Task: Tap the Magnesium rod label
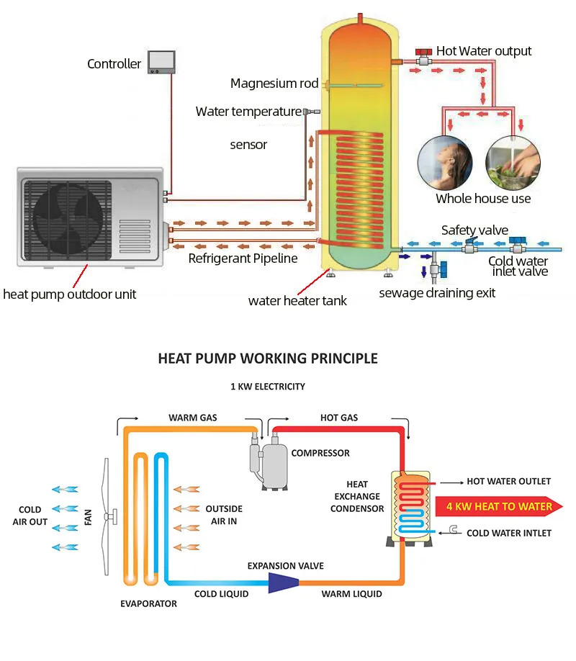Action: (x=274, y=84)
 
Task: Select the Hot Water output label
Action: (x=484, y=51)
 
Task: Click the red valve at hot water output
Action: (x=422, y=55)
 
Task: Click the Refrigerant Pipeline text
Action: (x=243, y=258)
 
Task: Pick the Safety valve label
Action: (x=474, y=230)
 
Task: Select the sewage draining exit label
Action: (x=437, y=293)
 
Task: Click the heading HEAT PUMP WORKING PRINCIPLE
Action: (x=268, y=359)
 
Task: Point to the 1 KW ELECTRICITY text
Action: (x=268, y=387)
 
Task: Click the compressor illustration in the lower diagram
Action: (x=268, y=459)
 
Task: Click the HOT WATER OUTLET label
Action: (x=508, y=481)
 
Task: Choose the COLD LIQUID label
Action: (x=222, y=594)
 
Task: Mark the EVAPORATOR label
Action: (x=148, y=604)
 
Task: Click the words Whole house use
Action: (x=483, y=199)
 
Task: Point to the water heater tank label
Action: (x=297, y=301)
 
